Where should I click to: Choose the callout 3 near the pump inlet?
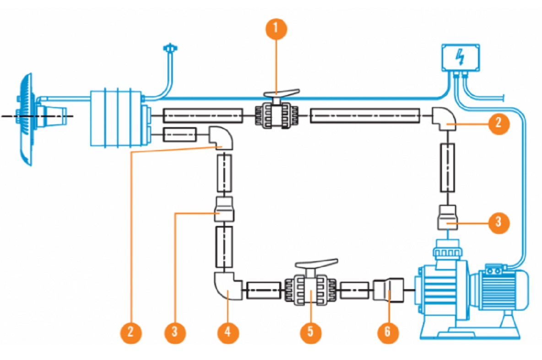(498, 222)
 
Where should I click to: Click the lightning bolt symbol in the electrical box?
(460, 57)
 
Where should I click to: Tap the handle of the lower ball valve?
(316, 264)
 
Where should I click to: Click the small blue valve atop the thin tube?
(171, 48)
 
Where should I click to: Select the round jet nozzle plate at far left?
(25, 118)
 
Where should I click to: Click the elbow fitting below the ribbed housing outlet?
(221, 138)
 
